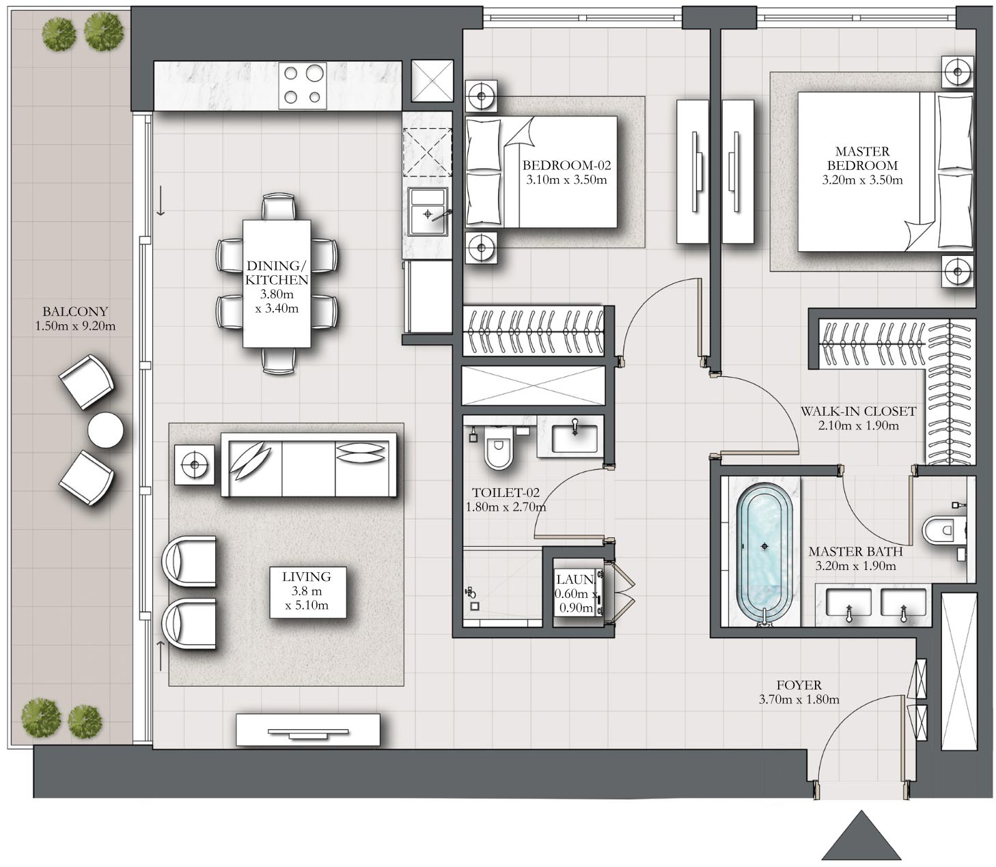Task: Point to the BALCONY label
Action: (x=75, y=311)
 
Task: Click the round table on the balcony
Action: (x=106, y=429)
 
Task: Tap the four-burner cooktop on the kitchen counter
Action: (x=303, y=85)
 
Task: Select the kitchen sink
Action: (x=428, y=212)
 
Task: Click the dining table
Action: (x=277, y=283)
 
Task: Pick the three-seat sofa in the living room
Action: (x=309, y=464)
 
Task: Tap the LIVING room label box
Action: (x=307, y=592)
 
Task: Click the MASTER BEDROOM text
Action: (x=862, y=158)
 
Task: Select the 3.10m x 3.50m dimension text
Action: (x=566, y=180)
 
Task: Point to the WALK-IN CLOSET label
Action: (x=858, y=411)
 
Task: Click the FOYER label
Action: (x=799, y=685)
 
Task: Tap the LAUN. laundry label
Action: (x=575, y=580)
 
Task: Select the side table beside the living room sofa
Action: (x=194, y=465)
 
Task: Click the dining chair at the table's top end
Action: (x=278, y=208)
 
